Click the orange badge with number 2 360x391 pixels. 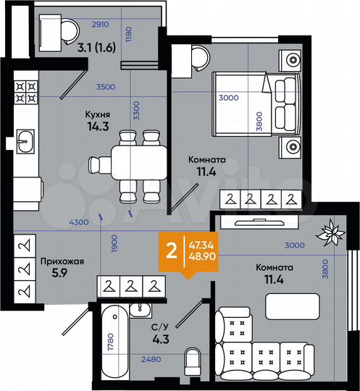171,251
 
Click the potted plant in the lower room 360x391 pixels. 334,232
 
